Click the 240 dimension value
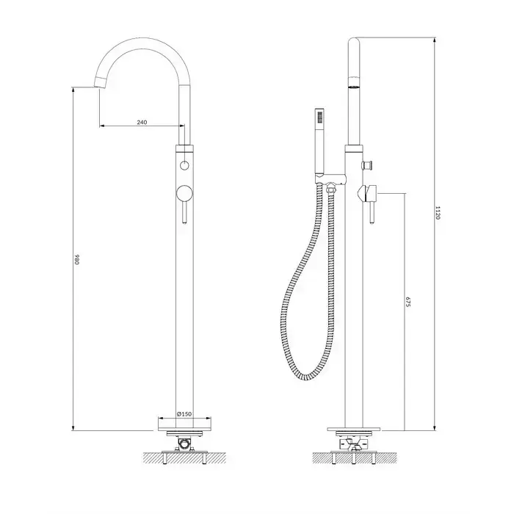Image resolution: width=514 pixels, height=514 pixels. coord(142,123)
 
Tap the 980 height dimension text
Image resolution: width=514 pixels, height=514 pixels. coord(77,259)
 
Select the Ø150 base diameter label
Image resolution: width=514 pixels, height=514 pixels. coord(184,414)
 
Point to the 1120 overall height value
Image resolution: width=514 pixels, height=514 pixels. coord(438,213)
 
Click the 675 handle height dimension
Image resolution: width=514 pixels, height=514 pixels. coord(408,302)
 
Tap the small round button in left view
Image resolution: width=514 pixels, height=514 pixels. coord(184,165)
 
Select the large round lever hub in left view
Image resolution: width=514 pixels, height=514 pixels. coord(184,193)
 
